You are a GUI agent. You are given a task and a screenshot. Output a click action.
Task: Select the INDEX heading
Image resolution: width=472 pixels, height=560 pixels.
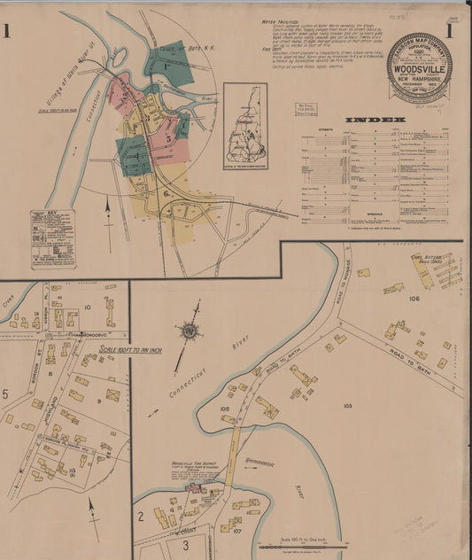(x=375, y=119)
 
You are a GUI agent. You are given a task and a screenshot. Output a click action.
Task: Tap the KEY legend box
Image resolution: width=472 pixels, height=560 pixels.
(x=52, y=237)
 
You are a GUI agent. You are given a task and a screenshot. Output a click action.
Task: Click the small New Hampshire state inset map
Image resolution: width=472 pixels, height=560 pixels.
(x=245, y=127)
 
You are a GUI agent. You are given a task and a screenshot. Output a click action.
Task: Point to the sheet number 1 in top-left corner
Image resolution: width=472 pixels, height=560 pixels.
(x=6, y=32)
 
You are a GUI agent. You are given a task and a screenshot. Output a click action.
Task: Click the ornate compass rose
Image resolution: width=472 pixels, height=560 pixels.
(x=190, y=331)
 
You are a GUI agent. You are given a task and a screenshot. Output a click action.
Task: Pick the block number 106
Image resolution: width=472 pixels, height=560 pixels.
(x=414, y=299)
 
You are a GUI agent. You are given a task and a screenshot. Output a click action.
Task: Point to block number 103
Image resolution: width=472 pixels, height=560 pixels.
(x=347, y=406)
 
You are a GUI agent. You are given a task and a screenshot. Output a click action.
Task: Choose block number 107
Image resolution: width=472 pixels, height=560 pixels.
(x=236, y=531)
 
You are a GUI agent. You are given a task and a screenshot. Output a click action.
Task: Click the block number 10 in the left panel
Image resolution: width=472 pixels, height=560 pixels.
(x=88, y=307)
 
